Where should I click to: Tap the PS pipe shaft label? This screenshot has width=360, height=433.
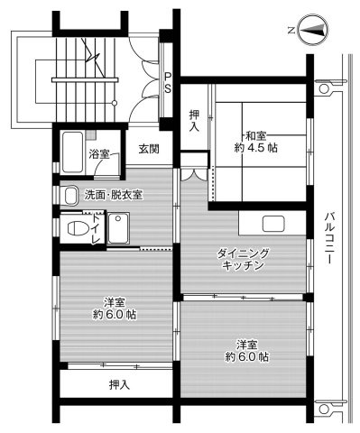pos(168,81)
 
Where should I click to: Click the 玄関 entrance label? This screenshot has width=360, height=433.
pos(149,149)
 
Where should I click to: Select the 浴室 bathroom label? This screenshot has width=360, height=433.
pos(99,155)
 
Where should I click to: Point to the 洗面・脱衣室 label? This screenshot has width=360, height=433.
pos(113,195)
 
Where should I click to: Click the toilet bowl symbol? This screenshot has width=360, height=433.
pos(78,229)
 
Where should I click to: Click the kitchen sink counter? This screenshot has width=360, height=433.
pos(271,224)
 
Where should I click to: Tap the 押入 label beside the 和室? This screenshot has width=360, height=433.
pos(193,121)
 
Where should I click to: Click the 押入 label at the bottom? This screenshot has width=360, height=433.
pos(118,385)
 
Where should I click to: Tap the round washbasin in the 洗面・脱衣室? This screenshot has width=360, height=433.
pos(70,194)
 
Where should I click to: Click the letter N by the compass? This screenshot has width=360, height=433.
pos(291,31)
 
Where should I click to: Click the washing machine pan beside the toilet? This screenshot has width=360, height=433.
pos(118,229)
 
